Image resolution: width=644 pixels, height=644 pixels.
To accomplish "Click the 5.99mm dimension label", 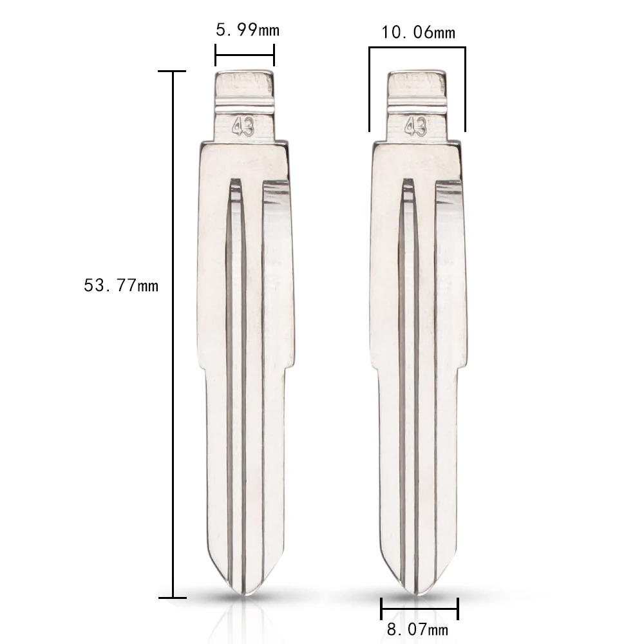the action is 248,30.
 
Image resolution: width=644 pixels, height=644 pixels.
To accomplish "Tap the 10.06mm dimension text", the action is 419,32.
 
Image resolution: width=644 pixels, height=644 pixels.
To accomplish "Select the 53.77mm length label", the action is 121,285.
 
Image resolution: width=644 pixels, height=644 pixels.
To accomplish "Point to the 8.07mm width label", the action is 417,629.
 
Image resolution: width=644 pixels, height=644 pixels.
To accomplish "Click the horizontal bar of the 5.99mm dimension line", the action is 245,55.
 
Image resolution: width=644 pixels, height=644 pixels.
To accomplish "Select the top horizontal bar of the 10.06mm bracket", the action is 417,48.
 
